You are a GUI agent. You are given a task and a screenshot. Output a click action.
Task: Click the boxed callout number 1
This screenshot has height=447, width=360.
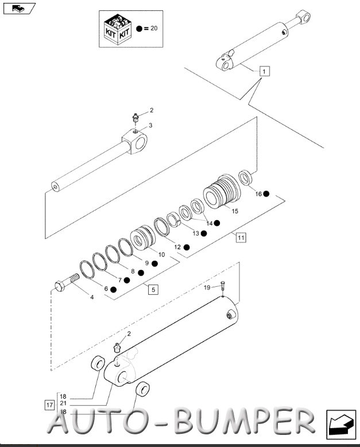[x=264, y=71]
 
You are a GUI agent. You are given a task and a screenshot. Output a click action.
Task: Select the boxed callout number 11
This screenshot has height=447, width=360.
[x=241, y=237]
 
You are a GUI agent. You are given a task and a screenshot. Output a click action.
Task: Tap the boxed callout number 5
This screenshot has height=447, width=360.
[x=153, y=290]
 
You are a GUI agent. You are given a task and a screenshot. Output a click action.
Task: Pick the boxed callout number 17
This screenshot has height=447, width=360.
[x=49, y=405]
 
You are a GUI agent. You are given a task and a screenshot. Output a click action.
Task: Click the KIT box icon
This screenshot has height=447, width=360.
[x=117, y=29]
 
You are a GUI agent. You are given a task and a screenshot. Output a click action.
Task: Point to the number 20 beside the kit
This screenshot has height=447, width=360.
[x=154, y=28]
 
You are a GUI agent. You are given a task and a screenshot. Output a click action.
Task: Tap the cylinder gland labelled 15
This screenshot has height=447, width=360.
[x=222, y=190]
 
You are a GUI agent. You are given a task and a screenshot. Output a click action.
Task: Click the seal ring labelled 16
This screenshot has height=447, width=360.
[x=245, y=178]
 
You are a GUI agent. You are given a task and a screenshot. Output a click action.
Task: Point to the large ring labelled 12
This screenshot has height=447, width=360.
[x=162, y=227]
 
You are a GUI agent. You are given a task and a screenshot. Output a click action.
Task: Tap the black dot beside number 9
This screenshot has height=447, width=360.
[x=154, y=264]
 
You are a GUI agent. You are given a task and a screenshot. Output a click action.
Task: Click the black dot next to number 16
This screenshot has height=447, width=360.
[x=266, y=194]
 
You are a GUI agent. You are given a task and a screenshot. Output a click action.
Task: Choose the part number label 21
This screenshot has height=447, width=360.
[x=63, y=404]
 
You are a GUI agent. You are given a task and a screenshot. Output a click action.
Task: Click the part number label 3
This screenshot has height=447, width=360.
[x=150, y=125]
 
